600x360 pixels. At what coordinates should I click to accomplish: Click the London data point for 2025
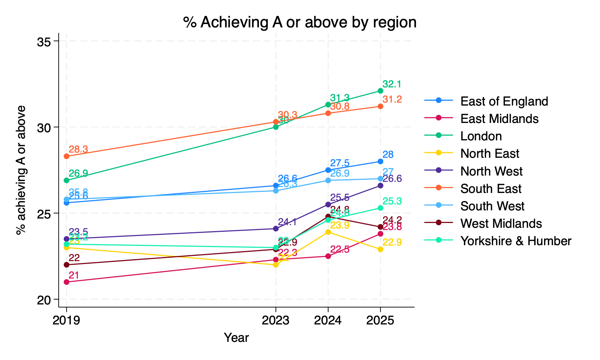[x=380, y=91]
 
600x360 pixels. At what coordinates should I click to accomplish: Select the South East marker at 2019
[x=67, y=156]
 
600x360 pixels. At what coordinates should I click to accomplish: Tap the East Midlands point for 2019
[x=67, y=282]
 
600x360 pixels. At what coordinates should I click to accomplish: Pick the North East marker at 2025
[x=380, y=249]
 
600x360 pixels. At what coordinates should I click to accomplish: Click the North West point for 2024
[x=328, y=204]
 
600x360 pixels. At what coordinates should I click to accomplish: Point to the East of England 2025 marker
[x=380, y=161]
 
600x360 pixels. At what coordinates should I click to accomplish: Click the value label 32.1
[x=392, y=84]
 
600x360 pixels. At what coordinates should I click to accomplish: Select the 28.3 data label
[x=78, y=150]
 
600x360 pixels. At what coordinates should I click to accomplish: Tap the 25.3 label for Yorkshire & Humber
[x=392, y=201]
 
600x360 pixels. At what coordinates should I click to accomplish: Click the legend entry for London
[x=481, y=136]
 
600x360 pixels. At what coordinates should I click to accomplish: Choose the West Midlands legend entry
[x=501, y=224]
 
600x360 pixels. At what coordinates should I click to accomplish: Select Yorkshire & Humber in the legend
[x=516, y=241]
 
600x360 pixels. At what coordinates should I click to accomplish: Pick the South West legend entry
[x=492, y=206]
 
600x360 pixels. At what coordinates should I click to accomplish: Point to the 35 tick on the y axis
[x=44, y=41]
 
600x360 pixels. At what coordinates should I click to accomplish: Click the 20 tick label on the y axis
[x=44, y=300]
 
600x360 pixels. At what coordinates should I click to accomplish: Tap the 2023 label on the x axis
[x=276, y=321]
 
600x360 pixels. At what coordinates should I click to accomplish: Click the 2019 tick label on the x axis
[x=67, y=321]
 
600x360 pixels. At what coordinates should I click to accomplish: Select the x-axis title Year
[x=236, y=338]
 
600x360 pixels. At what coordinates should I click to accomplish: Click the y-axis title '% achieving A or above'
[x=21, y=170]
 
